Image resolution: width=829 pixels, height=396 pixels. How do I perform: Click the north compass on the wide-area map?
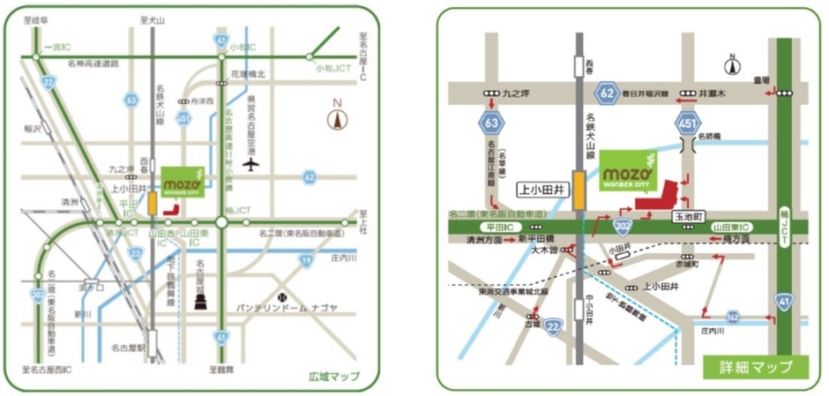[336, 117]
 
